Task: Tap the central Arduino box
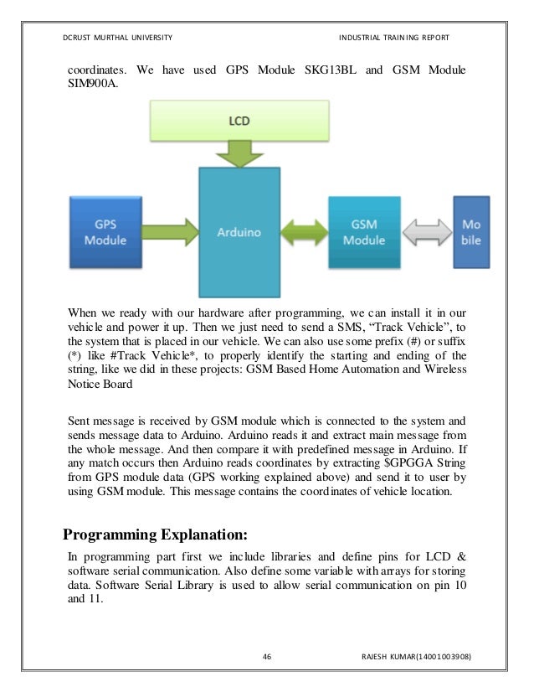pyautogui.click(x=238, y=232)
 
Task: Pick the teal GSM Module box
pyautogui.click(x=362, y=232)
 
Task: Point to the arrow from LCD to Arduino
pyautogui.click(x=239, y=152)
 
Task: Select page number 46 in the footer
pyautogui.click(x=267, y=655)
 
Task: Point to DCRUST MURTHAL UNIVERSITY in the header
pyautogui.click(x=118, y=38)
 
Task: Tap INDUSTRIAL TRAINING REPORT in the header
pyautogui.click(x=394, y=38)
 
